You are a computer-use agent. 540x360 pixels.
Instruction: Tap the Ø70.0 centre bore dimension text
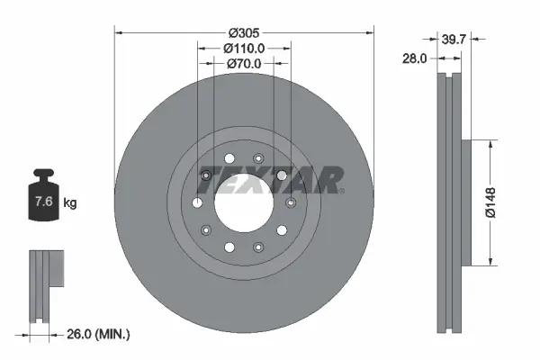243,63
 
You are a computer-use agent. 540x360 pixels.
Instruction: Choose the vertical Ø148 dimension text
490,202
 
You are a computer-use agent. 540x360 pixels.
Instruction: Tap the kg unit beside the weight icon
70,202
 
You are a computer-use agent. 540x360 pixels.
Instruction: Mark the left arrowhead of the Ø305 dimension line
117,33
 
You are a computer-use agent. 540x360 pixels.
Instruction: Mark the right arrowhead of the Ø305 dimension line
370,33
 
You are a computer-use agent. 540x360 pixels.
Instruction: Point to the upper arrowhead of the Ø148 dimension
490,143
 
